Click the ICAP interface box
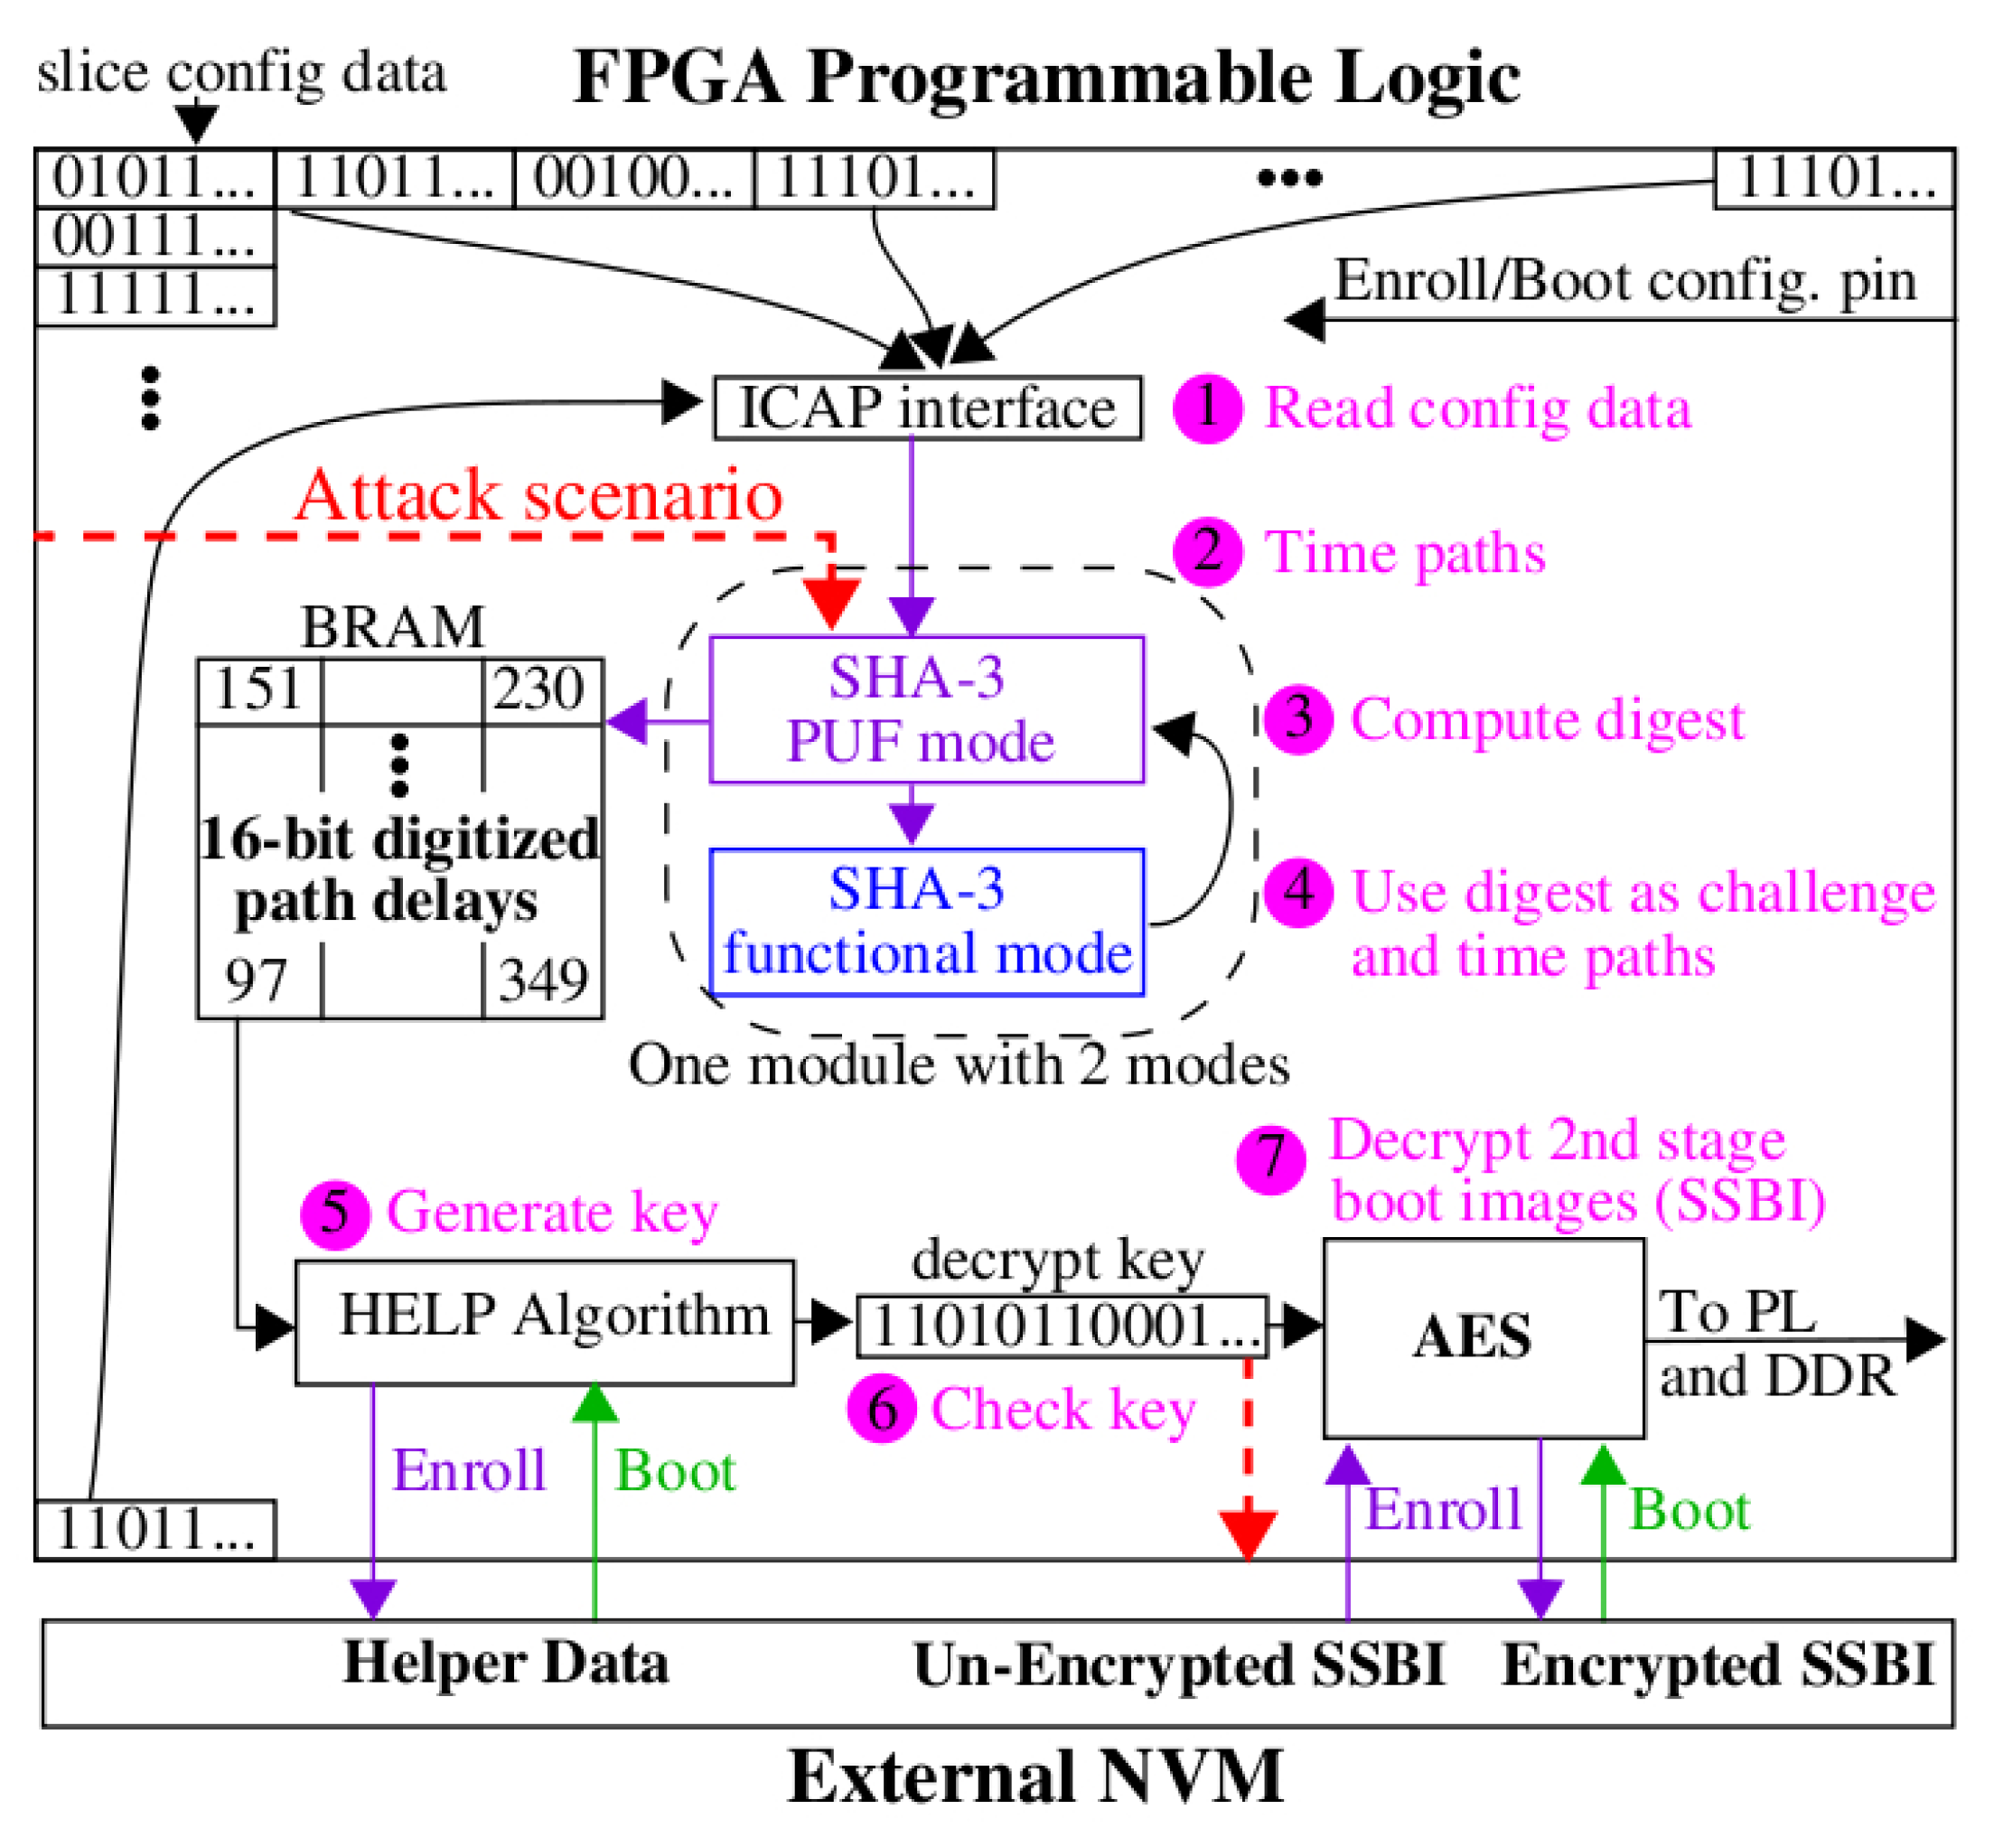tap(928, 408)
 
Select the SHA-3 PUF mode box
tap(927, 709)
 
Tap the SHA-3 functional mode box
tap(927, 921)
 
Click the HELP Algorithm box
tap(545, 1322)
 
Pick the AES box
tap(1484, 1337)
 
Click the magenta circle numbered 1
tap(1208, 408)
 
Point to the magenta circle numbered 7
tap(1271, 1159)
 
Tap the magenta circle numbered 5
tap(334, 1214)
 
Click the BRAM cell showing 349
tap(543, 980)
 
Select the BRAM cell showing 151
tap(259, 689)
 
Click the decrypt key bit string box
tap(1063, 1326)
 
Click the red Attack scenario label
tap(539, 494)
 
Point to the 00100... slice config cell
tap(634, 179)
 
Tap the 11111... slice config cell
tap(155, 295)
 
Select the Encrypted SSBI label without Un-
tap(1717, 1664)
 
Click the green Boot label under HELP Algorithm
tap(676, 1471)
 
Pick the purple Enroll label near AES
tap(1442, 1510)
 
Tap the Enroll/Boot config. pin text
tap(1625, 281)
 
